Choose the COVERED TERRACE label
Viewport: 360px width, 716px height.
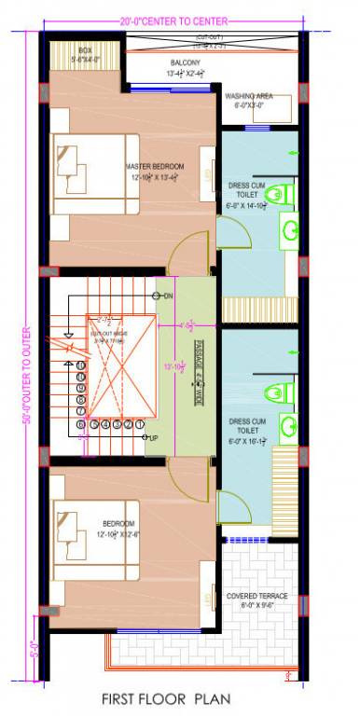256,595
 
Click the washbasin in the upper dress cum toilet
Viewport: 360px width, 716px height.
290,229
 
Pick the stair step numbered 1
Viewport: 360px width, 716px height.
140,425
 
